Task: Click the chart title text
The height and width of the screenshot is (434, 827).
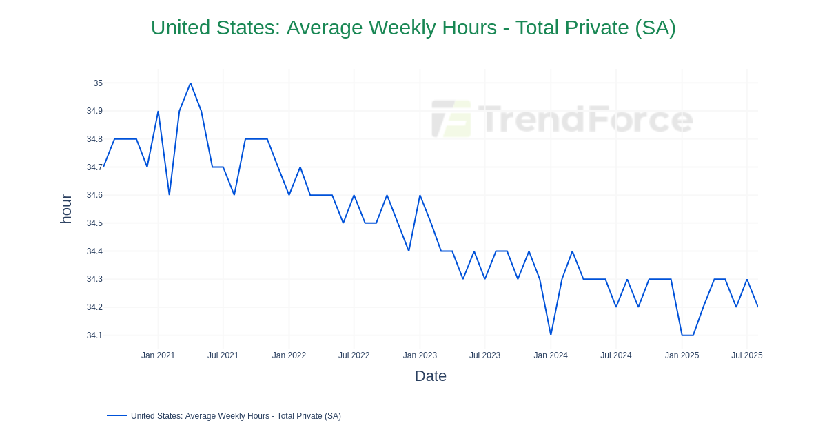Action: [413, 28]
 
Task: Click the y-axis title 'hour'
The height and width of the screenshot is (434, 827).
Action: [65, 209]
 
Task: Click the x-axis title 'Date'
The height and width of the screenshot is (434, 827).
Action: [430, 376]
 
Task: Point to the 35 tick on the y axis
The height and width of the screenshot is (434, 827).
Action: [98, 83]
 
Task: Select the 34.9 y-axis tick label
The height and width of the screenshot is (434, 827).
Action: [94, 111]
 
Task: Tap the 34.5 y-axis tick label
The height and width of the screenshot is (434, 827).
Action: [94, 223]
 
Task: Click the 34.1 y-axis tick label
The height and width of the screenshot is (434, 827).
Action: [94, 335]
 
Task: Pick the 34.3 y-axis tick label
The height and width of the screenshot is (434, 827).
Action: [94, 279]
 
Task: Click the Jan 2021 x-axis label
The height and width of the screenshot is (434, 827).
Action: [158, 355]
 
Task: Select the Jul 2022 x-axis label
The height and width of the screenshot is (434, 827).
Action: [354, 355]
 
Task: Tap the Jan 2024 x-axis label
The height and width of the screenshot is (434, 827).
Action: [551, 355]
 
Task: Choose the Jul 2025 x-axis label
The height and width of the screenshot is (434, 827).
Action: [746, 355]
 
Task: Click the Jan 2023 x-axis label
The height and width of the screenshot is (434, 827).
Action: [420, 355]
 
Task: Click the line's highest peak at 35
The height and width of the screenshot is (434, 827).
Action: [190, 83]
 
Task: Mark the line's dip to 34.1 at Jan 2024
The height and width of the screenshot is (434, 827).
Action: [551, 335]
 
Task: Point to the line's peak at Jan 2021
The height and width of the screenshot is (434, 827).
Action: [158, 112]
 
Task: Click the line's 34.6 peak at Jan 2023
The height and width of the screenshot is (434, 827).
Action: [420, 196]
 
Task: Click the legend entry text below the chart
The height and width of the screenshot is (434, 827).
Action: [236, 416]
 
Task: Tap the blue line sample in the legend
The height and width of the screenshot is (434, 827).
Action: [117, 415]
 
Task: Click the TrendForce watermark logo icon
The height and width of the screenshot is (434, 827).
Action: [451, 119]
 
